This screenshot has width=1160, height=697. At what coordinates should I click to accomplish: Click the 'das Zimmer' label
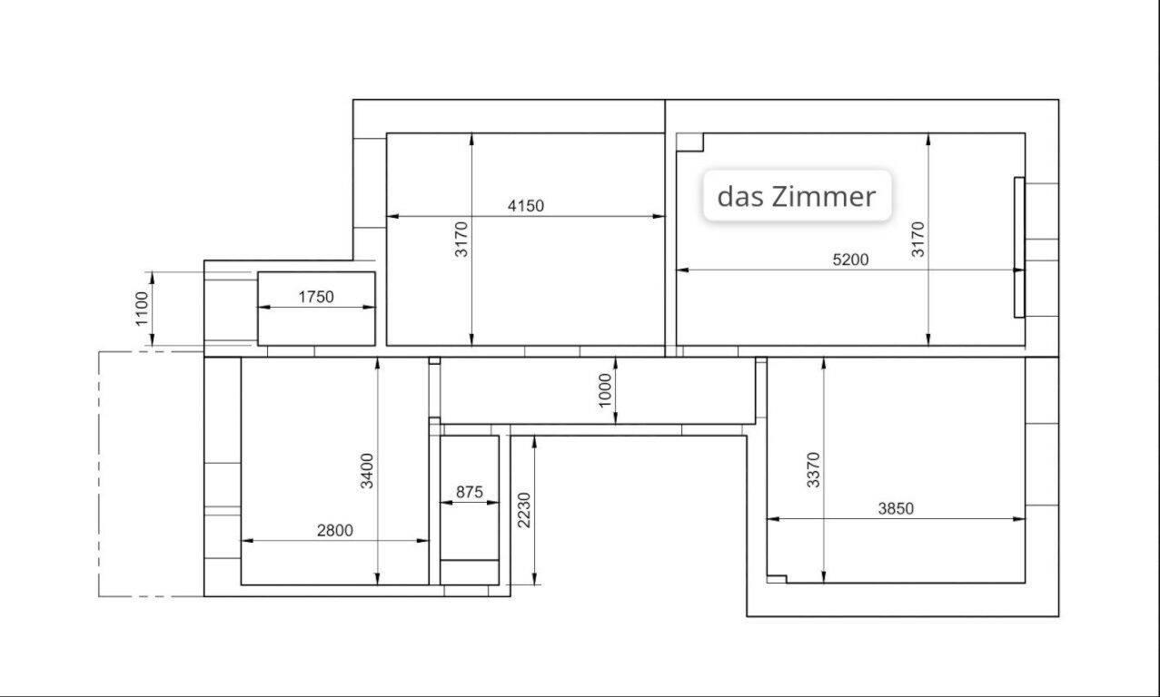[x=797, y=197]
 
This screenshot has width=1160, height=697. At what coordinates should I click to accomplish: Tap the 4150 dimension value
[x=526, y=206]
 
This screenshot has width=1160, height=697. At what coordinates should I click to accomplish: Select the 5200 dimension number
[x=850, y=260]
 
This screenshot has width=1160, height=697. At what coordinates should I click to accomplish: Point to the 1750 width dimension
[x=316, y=297]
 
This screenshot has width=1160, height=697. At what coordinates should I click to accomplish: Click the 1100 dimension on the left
[x=142, y=309]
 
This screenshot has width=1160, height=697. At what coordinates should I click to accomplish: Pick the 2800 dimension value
[x=334, y=530]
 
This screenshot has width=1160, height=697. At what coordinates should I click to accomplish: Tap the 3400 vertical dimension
[x=367, y=471]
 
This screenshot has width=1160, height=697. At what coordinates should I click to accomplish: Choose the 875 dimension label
[x=470, y=492]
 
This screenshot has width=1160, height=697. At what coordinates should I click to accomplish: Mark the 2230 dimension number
[x=524, y=510]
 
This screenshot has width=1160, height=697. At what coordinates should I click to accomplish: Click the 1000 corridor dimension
[x=605, y=390]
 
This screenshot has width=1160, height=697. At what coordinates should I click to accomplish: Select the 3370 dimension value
[x=814, y=470]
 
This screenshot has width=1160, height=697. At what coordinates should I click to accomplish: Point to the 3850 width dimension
[x=896, y=508]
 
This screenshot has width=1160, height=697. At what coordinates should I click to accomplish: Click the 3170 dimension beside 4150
[x=461, y=239]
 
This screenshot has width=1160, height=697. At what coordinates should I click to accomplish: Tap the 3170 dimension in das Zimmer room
[x=917, y=239]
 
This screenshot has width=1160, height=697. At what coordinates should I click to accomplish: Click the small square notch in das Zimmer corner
[x=689, y=142]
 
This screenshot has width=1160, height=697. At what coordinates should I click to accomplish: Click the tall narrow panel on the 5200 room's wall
[x=1019, y=248]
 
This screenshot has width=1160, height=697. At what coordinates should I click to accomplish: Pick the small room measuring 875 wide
[x=470, y=510]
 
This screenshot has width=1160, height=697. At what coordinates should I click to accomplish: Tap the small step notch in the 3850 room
[x=777, y=579]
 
